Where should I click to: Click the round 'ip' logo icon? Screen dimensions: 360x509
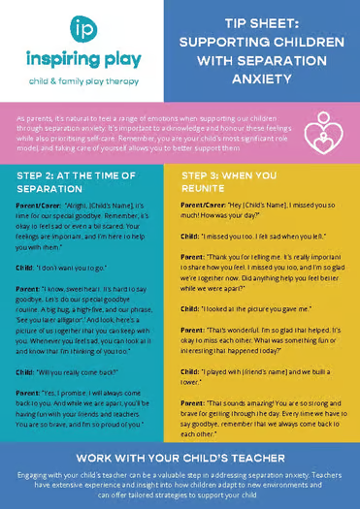point(82,28)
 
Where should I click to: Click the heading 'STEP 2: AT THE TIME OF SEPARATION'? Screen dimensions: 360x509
point(74,179)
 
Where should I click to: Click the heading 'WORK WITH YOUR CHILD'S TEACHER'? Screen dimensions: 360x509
point(180,456)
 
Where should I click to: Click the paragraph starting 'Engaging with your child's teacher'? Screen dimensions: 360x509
point(180,484)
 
